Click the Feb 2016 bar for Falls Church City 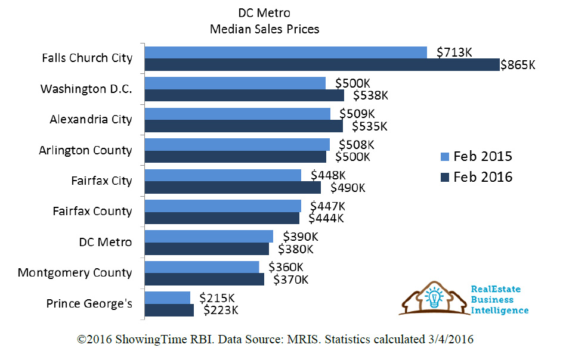(x=322, y=65)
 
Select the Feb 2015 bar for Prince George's (x=168, y=297)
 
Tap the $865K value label (x=518, y=65)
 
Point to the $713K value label (x=454, y=52)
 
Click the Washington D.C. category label (x=86, y=89)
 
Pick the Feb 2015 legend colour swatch (x=444, y=157)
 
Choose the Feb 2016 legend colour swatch (x=444, y=177)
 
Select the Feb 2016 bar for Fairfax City (x=233, y=188)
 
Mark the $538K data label (x=370, y=95)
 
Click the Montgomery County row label (x=75, y=272)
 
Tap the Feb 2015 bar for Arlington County (x=237, y=144)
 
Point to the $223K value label (x=221, y=310)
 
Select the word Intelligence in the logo (x=500, y=311)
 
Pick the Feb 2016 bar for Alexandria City (x=243, y=126)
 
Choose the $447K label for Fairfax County (x=327, y=206)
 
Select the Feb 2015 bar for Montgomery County (x=202, y=266)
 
